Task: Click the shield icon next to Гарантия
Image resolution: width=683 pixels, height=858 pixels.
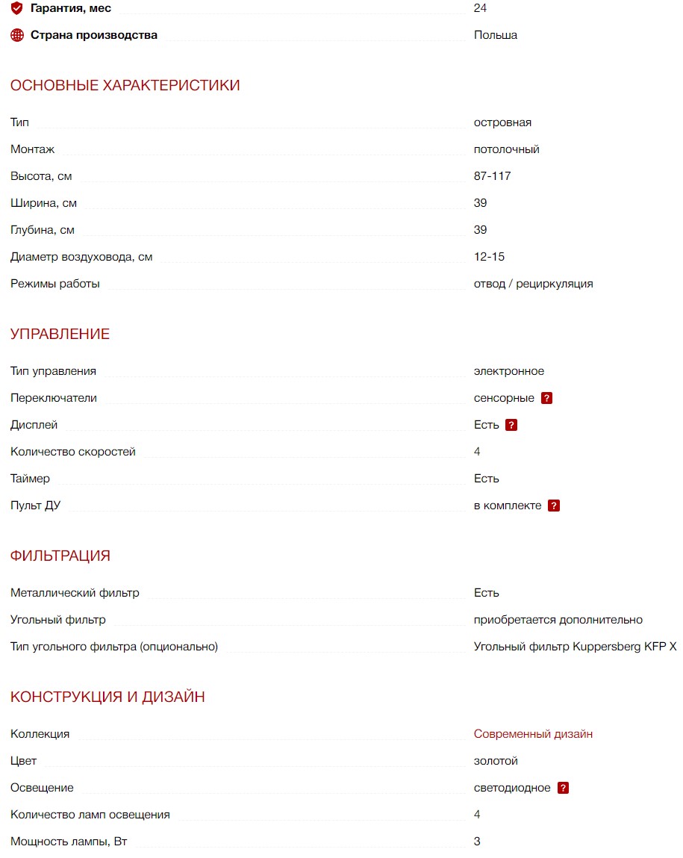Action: [x=17, y=8]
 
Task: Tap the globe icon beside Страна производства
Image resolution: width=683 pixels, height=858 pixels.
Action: [x=17, y=35]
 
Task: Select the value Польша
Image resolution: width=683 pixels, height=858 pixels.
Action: [x=495, y=35]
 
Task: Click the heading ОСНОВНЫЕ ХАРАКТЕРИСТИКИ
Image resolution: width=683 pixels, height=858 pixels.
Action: [x=125, y=85]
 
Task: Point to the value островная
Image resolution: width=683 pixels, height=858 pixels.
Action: [x=502, y=122]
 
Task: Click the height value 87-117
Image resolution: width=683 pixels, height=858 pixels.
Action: [x=492, y=176]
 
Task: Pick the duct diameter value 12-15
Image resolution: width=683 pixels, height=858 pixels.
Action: [x=489, y=257]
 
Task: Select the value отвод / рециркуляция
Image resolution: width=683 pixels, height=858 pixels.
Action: [x=533, y=284]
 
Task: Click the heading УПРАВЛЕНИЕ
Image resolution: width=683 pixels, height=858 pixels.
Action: [x=60, y=334]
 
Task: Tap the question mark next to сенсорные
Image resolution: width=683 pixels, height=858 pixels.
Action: [x=546, y=398]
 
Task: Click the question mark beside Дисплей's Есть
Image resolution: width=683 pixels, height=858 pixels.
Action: [x=511, y=425]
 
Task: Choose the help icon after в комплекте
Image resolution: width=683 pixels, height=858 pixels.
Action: [x=554, y=506]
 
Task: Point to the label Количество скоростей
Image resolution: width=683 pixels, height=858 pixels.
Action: [x=73, y=452]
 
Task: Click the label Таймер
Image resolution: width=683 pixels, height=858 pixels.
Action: [x=31, y=479]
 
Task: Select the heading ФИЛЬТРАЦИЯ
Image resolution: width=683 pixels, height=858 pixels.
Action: [x=60, y=556]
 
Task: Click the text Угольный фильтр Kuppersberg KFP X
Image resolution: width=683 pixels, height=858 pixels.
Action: [x=575, y=647]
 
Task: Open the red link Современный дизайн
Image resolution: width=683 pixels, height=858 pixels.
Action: [x=533, y=734]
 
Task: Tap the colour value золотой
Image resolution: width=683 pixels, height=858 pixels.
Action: [x=496, y=761]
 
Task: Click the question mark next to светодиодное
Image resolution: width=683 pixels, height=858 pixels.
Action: [x=563, y=788]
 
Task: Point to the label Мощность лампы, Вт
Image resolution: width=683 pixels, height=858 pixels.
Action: [x=69, y=842]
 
